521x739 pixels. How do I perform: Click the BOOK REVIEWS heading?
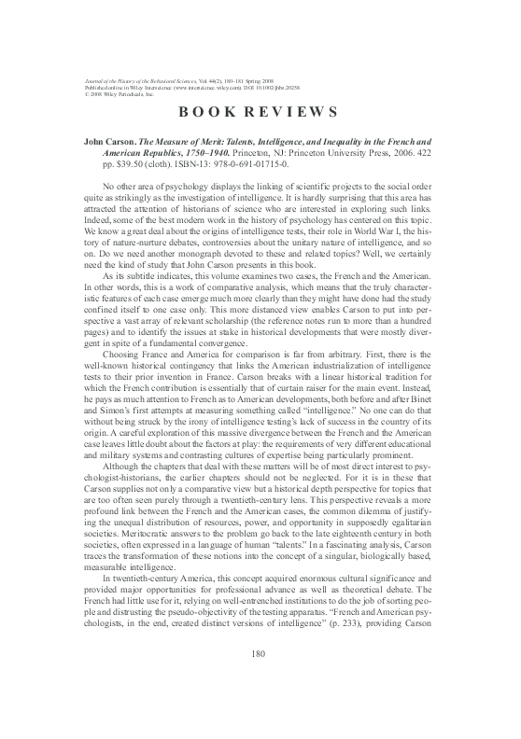click(259, 113)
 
